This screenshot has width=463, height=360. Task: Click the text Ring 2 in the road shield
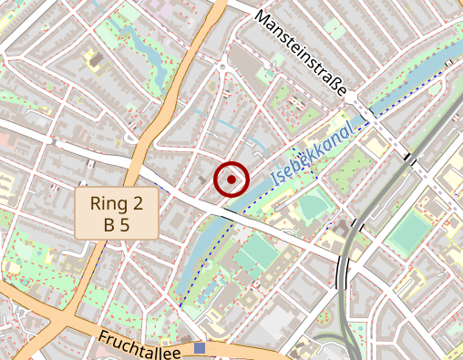point(117,202)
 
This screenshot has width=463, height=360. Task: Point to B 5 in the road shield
point(117,224)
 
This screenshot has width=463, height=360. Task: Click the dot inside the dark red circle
point(231,180)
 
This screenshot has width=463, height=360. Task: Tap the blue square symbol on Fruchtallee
point(200,348)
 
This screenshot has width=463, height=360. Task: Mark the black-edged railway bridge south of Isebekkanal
point(343,271)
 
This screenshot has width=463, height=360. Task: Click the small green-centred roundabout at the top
point(222,66)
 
